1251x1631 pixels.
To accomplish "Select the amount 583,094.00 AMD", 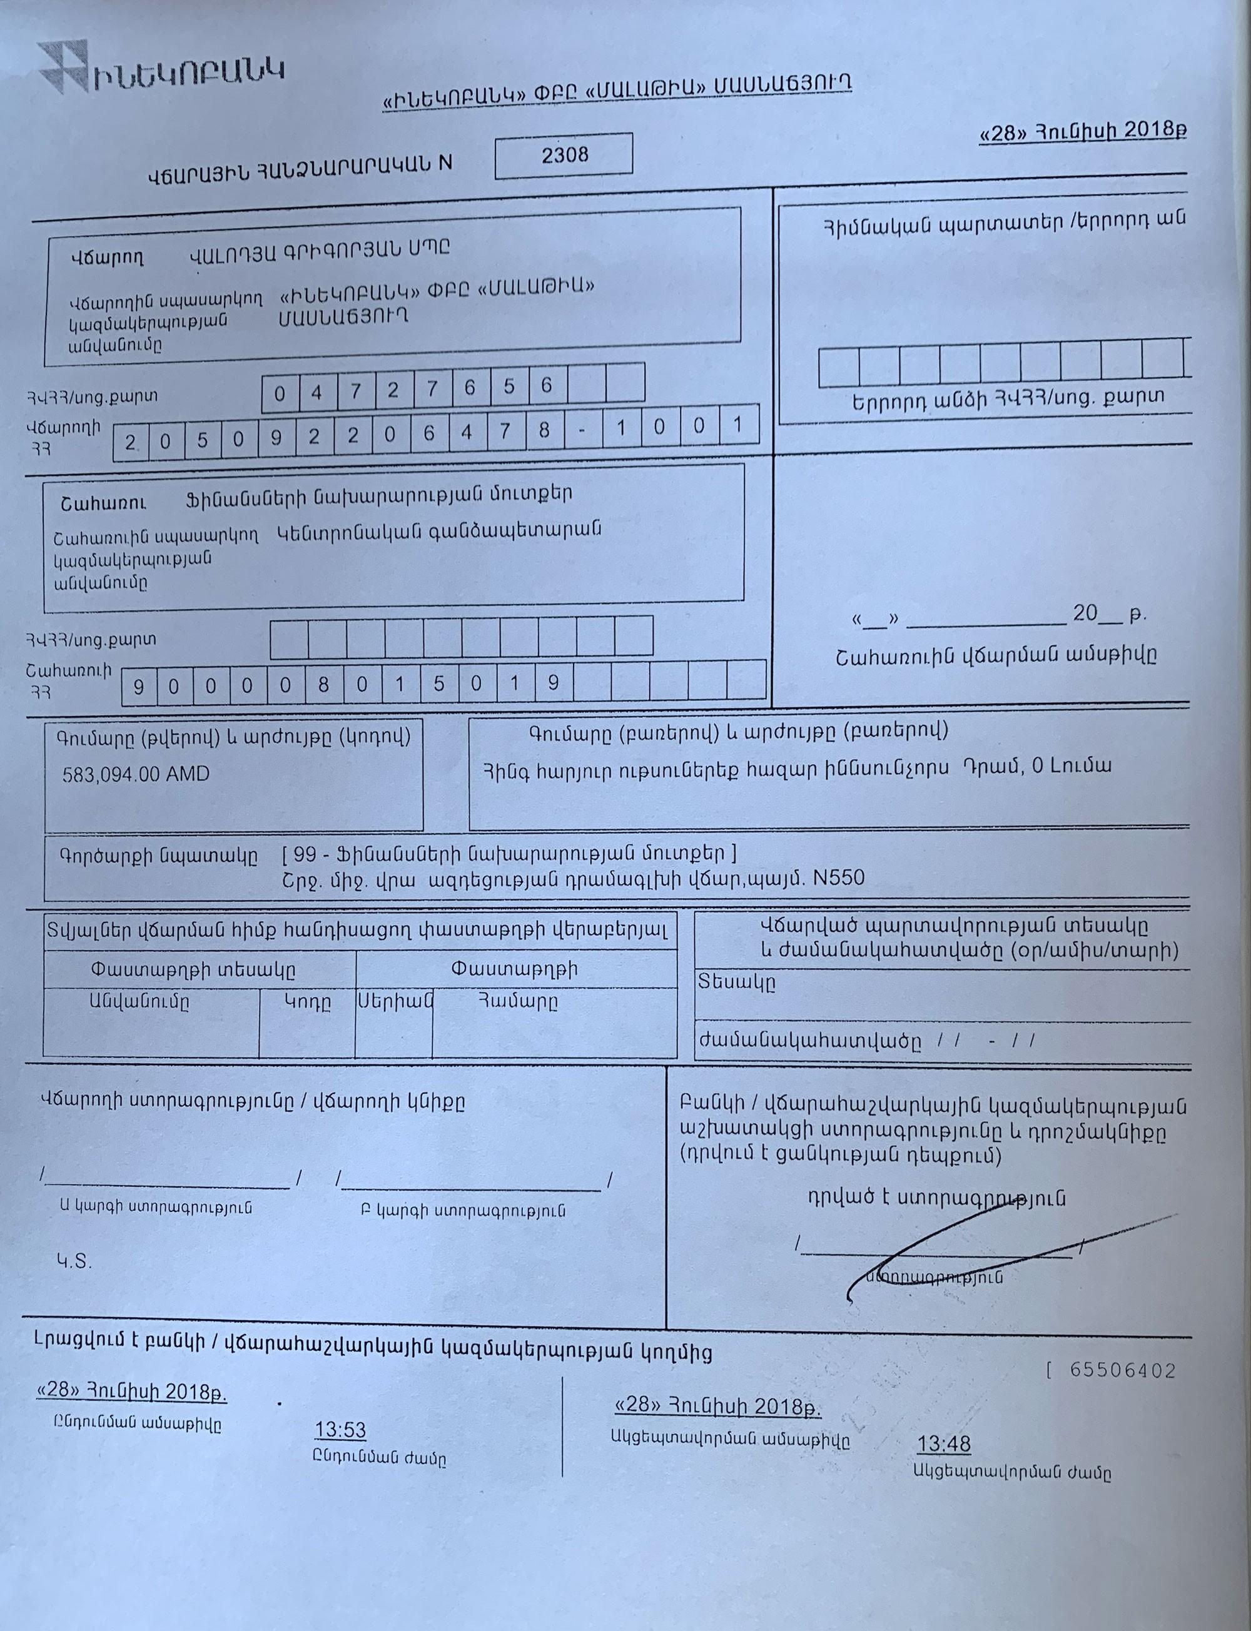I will [x=136, y=774].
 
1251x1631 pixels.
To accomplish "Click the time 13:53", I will [x=340, y=1430].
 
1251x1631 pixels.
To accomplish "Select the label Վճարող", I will [x=107, y=258].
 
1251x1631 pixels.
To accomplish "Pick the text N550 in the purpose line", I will [x=839, y=879].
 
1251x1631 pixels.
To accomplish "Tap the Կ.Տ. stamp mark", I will [x=74, y=1261].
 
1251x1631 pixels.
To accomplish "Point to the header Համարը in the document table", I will [x=517, y=1002].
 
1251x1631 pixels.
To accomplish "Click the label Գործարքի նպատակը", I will [x=158, y=856].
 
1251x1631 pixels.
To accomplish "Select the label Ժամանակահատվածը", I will [x=809, y=1041].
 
